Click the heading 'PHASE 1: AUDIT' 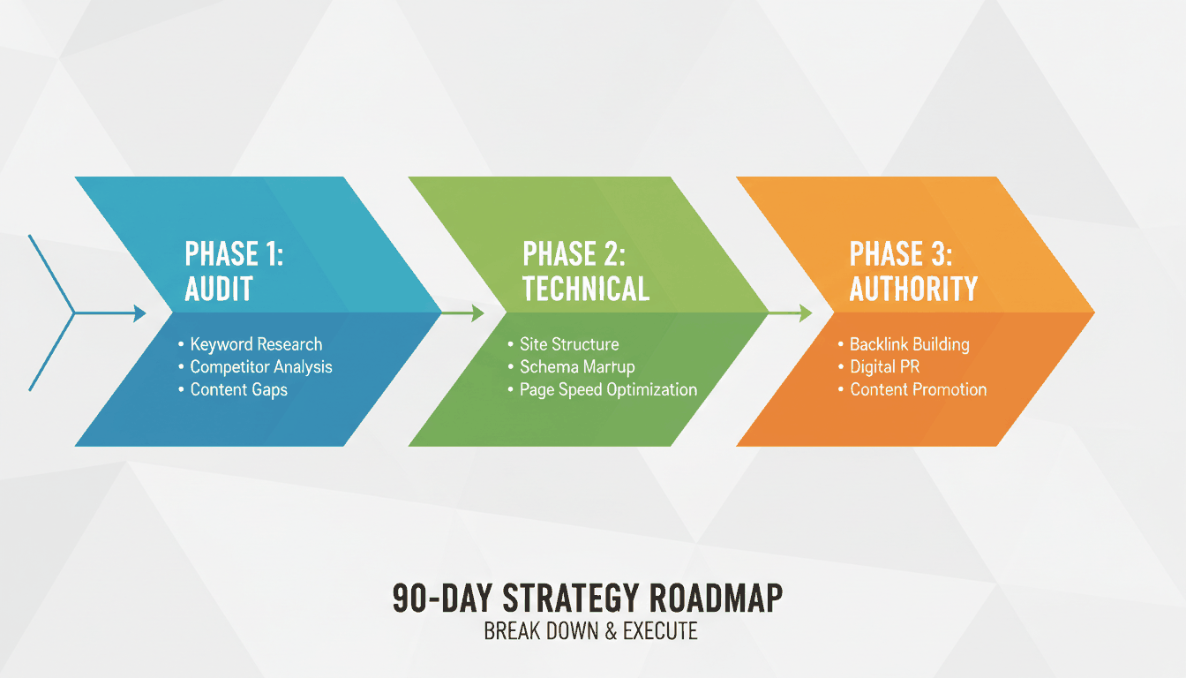tap(234, 271)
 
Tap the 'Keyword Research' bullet tap(256, 344)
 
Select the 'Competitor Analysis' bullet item tap(261, 366)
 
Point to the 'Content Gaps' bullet tap(238, 389)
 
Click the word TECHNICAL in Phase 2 tap(586, 289)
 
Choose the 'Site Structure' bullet tap(569, 344)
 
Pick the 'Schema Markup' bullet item tap(577, 366)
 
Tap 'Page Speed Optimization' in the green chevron tap(608, 389)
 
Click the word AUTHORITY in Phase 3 tap(913, 289)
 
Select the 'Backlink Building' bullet tap(909, 344)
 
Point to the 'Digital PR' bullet tap(884, 366)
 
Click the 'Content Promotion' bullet tap(918, 389)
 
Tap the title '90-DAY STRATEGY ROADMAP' tap(587, 599)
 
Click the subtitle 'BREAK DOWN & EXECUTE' tap(590, 631)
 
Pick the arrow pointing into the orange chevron tap(792, 313)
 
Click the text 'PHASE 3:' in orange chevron tap(900, 253)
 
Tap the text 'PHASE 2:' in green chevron tap(574, 253)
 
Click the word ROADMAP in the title tap(715, 599)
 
